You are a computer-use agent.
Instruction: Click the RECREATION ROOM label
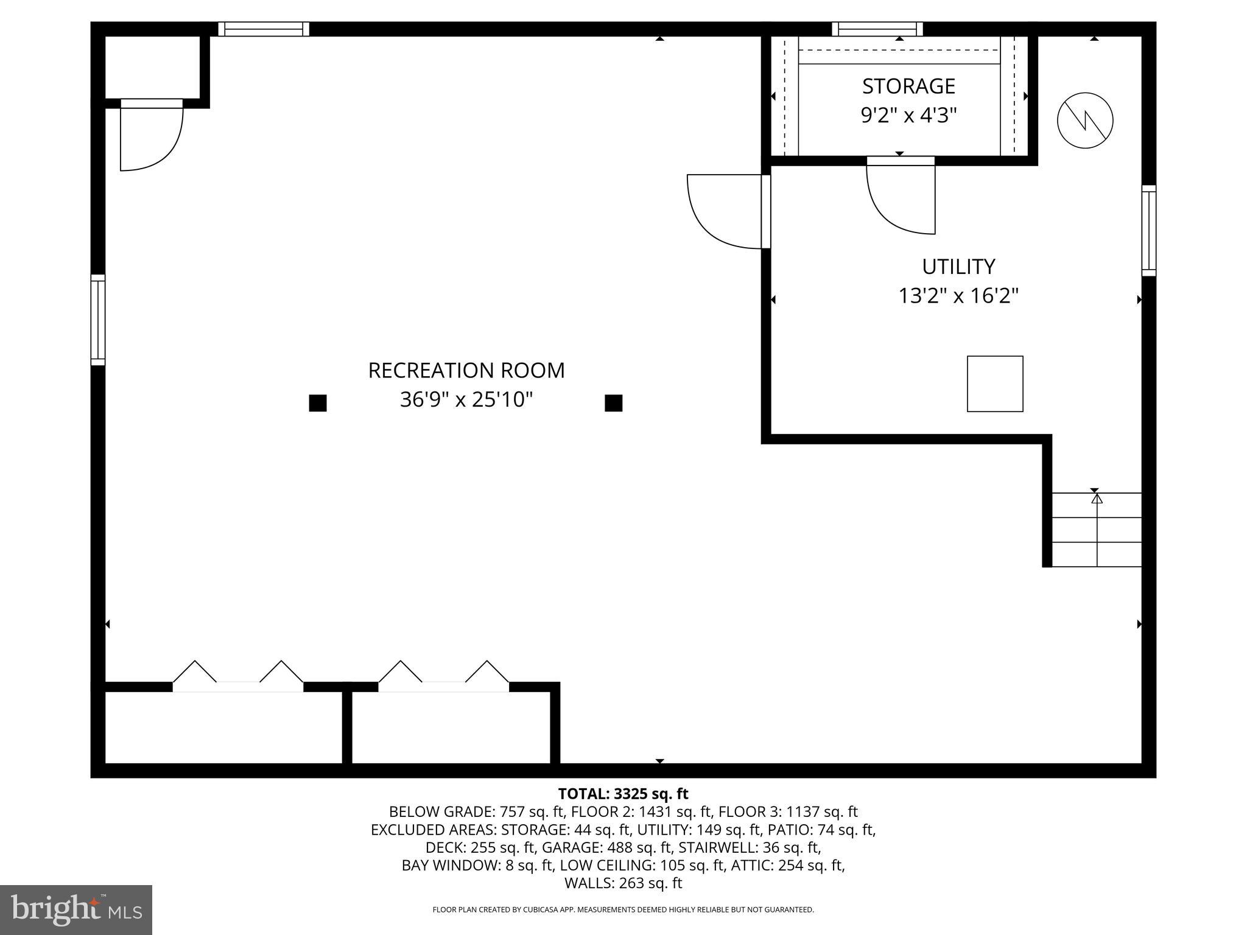pos(466,370)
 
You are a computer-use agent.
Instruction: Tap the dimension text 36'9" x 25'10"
pos(466,400)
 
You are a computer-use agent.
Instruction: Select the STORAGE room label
pos(908,86)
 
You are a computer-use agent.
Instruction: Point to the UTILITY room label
pos(958,267)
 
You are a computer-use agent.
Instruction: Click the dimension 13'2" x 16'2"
pos(958,296)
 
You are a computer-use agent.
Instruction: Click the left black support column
pos(318,403)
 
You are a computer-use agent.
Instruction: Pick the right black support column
pos(613,403)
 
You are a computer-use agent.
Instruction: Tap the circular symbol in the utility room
pos(1085,120)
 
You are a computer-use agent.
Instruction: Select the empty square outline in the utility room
pos(995,383)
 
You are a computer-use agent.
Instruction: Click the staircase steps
pos(1096,530)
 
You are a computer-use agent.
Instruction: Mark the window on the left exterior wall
pos(98,320)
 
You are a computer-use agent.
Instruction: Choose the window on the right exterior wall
pos(1148,231)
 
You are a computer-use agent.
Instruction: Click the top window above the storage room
pos(877,29)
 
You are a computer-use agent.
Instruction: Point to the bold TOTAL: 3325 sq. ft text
pos(623,794)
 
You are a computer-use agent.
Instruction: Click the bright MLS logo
pos(76,909)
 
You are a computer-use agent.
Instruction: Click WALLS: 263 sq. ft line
pos(623,883)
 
